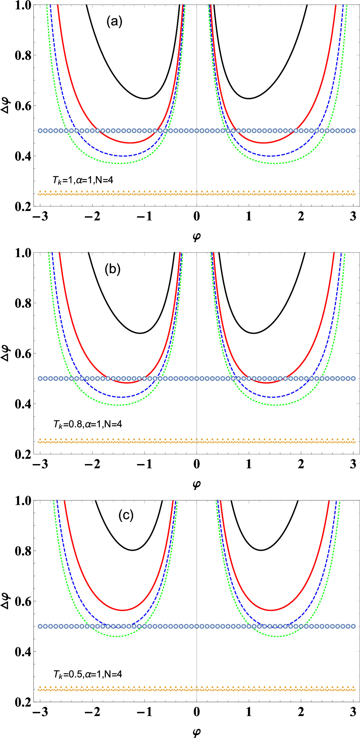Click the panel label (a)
pyautogui.click(x=114, y=22)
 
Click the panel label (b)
pyautogui.click(x=113, y=269)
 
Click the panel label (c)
pyautogui.click(x=126, y=516)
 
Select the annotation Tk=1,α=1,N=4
pyautogui.click(x=83, y=180)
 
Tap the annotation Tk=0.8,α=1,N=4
pyautogui.click(x=87, y=424)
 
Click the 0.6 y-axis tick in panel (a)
pyautogui.click(x=23, y=106)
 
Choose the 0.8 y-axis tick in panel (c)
pyautogui.click(x=23, y=551)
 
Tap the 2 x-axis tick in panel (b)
pyautogui.click(x=301, y=464)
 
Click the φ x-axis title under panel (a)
pyautogui.click(x=197, y=237)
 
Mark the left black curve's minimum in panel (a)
pyautogui.click(x=145, y=98)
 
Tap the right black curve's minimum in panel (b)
pyautogui.click(x=254, y=333)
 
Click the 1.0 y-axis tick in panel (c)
pyautogui.click(x=23, y=500)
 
